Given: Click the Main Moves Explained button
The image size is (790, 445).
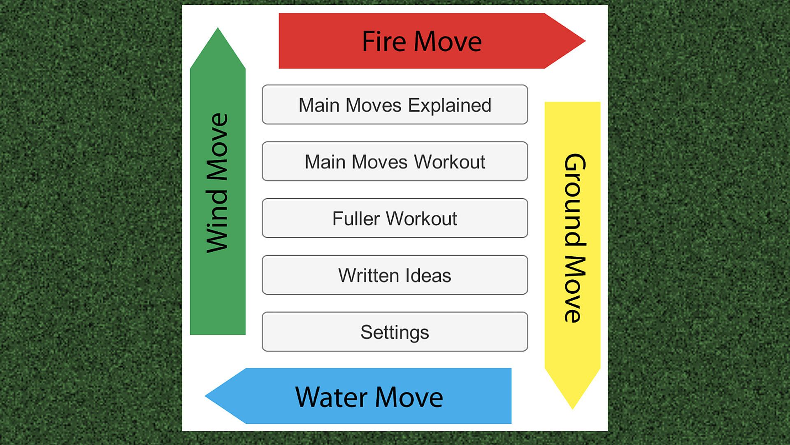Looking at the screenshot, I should [395, 105].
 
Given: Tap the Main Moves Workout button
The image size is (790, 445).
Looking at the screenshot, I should [395, 162].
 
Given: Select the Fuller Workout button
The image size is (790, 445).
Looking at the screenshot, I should [395, 218].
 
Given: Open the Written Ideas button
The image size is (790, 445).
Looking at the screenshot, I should [395, 275].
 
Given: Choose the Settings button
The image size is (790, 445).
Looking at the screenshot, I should [395, 332].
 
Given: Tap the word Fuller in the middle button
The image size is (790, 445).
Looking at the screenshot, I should [356, 219].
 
